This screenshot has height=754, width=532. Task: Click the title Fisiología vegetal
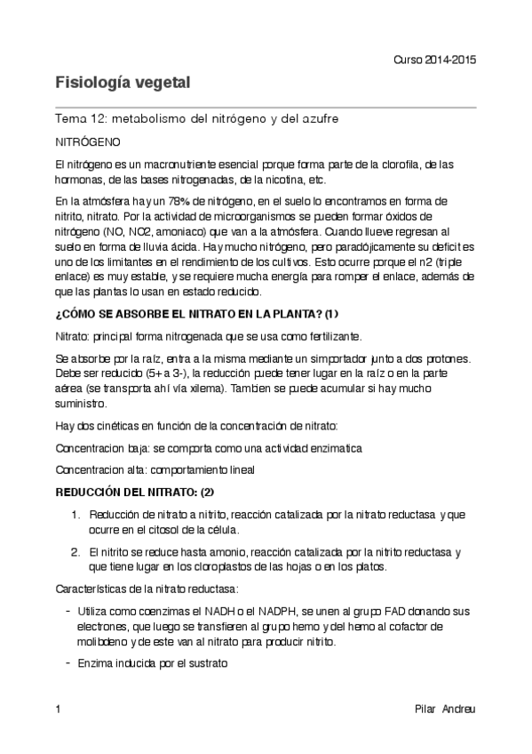pos(123,84)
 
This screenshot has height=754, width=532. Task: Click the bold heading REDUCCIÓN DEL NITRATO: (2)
pos(135,491)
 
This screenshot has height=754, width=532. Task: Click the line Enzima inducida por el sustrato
pos(154,663)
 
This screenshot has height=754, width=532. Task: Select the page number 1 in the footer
pos(58,710)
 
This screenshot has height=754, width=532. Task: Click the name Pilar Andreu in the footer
pos(445,710)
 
